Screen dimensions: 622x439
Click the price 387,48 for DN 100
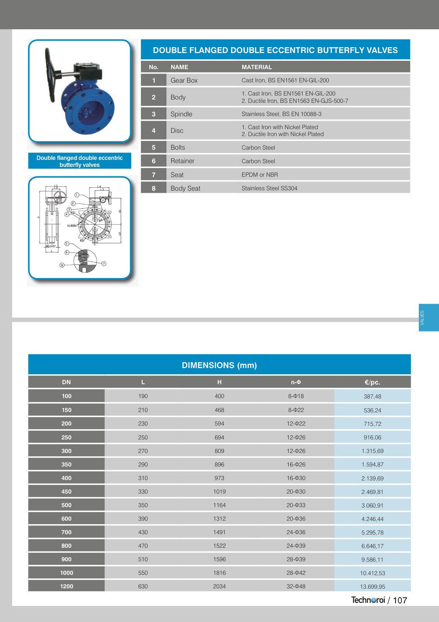pos(372,396)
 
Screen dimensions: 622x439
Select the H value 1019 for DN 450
pos(219,491)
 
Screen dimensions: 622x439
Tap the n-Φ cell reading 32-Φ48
pos(296,586)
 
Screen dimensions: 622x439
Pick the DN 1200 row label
pos(67,586)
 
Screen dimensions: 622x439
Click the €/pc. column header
pos(372,382)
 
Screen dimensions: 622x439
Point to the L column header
pos(143,382)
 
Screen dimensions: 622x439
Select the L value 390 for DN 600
pos(143,518)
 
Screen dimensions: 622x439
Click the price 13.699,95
pos(372,587)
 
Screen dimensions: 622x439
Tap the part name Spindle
pos(181,114)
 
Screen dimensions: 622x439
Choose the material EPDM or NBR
pos(260,175)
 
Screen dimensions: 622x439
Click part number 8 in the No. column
pos(154,188)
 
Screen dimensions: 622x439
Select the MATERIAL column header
pos(257,67)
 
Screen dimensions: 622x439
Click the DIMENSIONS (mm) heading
pos(219,365)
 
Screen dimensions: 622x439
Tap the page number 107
pos(400,600)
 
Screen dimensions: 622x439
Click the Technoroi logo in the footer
pos(368,600)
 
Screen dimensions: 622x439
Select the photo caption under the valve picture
pos(80,161)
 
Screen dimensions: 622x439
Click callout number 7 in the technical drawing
pos(104,263)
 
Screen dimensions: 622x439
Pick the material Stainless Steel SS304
pos(269,188)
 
